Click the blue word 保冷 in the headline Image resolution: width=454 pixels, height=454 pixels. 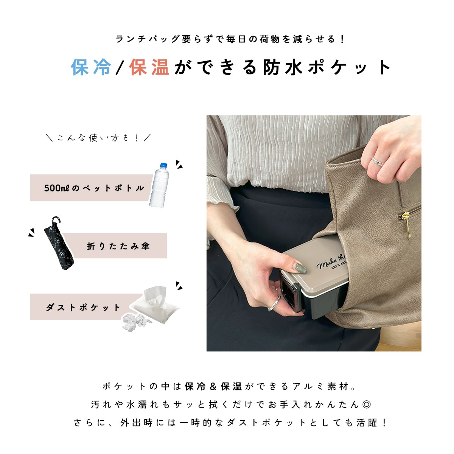pos(91,67)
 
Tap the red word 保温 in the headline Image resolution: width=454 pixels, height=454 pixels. pos(149,67)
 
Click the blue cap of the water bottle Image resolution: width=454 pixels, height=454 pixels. pos(163,165)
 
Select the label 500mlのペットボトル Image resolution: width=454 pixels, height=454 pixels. pos(94,188)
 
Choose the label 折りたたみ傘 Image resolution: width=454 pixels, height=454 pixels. pos(118,246)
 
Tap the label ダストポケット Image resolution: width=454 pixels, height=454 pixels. pos(83,308)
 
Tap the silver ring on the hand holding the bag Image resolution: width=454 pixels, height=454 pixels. pos(378,162)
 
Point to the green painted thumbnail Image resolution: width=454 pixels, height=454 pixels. pos(301,269)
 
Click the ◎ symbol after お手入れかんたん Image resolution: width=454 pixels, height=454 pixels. pos(367,404)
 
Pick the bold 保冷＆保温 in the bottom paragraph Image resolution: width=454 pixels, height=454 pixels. pos(213,387)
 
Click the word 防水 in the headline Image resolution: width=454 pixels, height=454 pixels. pos(283,67)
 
